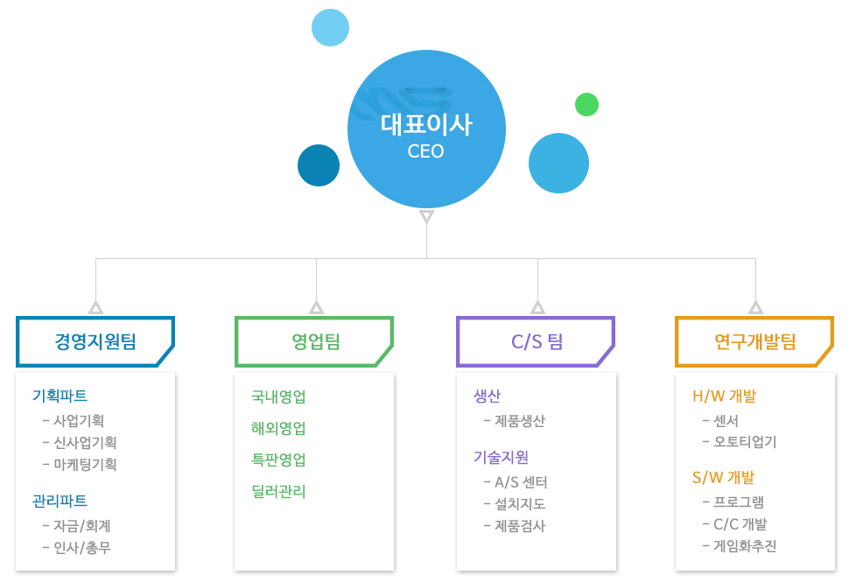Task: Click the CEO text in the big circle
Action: [x=425, y=151]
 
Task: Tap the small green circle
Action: [x=586, y=104]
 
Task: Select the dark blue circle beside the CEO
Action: [x=319, y=165]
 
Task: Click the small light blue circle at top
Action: [x=330, y=27]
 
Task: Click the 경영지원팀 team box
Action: [x=95, y=341]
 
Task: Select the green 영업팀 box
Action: [x=314, y=341]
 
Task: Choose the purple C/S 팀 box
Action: [x=536, y=341]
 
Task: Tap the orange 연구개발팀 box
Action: [x=754, y=341]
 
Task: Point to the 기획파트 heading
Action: [x=60, y=396]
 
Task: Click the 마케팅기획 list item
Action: [x=80, y=465]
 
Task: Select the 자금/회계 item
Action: [x=76, y=527]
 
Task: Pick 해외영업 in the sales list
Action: [x=278, y=429]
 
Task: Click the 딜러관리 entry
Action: [x=278, y=491]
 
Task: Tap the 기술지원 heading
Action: [x=501, y=457]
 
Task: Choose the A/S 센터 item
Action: [x=516, y=482]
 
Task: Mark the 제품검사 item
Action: [x=515, y=527]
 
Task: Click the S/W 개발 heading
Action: [x=723, y=478]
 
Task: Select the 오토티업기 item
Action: [x=740, y=442]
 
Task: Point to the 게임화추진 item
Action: [x=740, y=546]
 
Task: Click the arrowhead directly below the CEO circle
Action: [x=426, y=215]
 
